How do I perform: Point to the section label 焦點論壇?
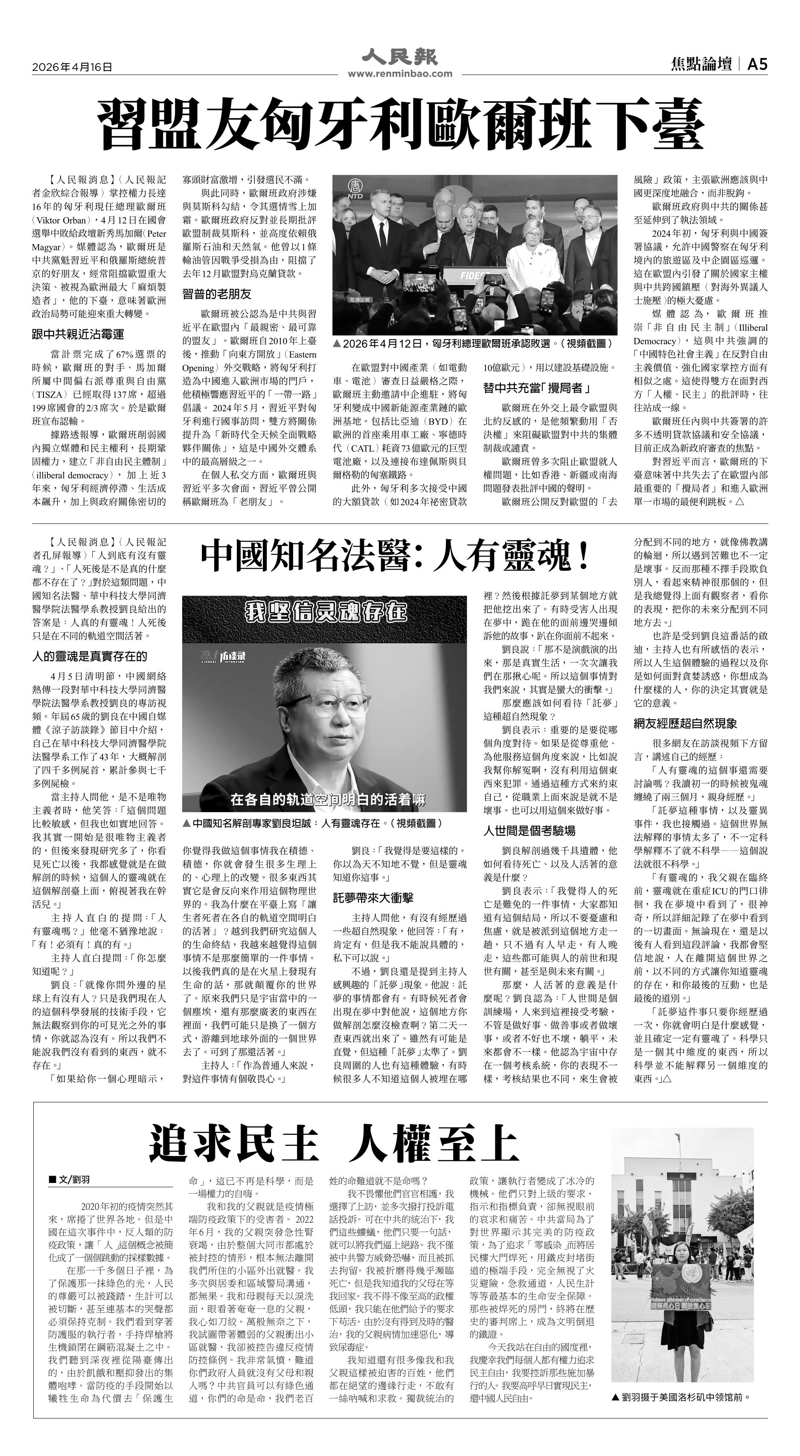[701, 65]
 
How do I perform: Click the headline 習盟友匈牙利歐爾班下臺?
[400, 123]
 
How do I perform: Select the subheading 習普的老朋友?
[217, 294]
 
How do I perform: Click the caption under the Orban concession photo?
[473, 343]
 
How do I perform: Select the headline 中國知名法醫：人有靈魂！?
[396, 556]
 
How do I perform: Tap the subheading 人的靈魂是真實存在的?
[89, 656]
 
